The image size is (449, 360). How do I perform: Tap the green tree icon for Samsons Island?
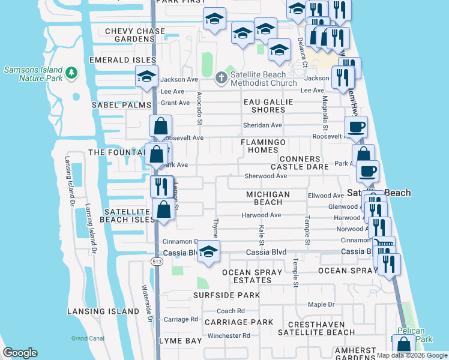click(71, 73)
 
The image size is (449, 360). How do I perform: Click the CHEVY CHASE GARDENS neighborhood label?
click(134, 35)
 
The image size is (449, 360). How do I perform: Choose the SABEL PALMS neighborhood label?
click(121, 105)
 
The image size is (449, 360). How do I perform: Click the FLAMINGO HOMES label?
click(264, 146)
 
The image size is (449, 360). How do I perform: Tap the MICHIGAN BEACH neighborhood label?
click(268, 199)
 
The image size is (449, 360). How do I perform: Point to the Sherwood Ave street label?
click(266, 176)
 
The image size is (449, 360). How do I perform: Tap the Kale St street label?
click(262, 235)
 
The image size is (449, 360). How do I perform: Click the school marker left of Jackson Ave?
click(146, 77)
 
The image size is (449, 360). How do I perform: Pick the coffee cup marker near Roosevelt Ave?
click(356, 127)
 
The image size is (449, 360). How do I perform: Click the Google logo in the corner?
click(20, 353)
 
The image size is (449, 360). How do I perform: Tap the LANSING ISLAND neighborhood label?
click(103, 312)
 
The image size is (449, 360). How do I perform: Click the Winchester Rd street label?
click(229, 335)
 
